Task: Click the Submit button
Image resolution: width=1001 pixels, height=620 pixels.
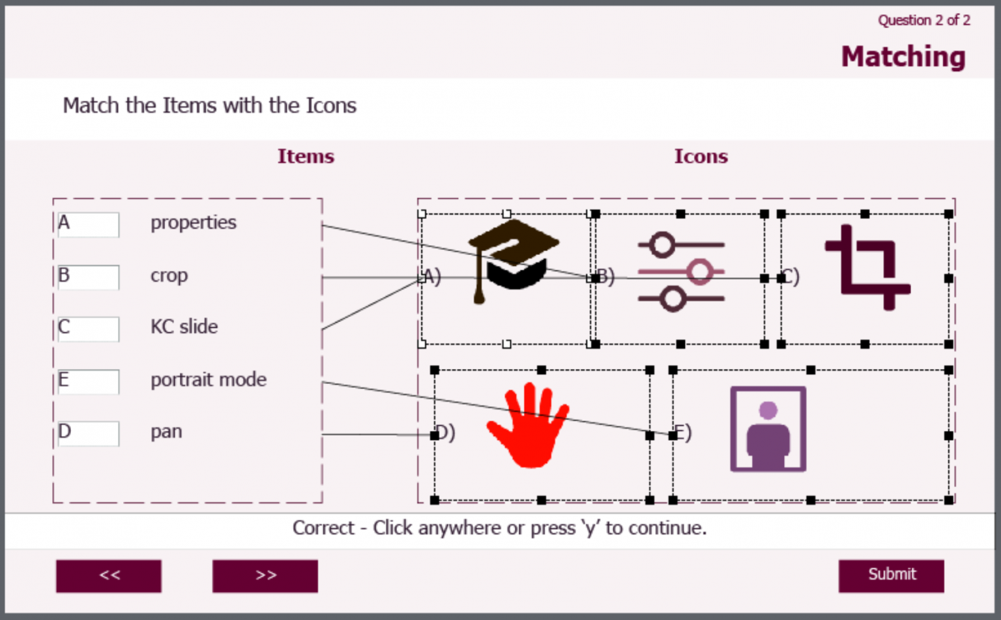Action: [891, 575]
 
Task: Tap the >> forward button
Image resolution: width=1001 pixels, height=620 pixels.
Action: [265, 576]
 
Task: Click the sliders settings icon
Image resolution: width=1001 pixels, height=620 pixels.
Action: [681, 272]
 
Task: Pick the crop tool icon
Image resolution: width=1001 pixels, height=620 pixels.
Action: [867, 267]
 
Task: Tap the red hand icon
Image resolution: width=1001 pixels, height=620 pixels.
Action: [529, 425]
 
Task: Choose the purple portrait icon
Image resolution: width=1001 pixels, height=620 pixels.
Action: [768, 429]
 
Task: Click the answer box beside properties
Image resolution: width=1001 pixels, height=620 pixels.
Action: [89, 224]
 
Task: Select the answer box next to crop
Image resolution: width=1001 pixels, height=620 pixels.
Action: [89, 276]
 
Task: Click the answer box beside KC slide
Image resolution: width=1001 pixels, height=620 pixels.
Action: [89, 329]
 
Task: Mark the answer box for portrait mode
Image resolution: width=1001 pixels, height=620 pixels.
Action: [89, 381]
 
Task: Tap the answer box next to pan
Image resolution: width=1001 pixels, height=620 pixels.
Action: [89, 433]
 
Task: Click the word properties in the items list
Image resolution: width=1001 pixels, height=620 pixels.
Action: [194, 223]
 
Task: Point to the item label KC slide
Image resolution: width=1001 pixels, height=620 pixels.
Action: [184, 327]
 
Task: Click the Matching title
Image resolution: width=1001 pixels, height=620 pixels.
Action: [903, 57]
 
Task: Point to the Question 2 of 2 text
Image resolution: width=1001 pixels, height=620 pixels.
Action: [923, 20]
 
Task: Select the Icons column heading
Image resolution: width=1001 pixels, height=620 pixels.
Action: [701, 156]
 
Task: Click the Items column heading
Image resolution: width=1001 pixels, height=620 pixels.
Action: [306, 156]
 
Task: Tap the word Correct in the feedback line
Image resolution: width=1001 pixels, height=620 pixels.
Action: [323, 527]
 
